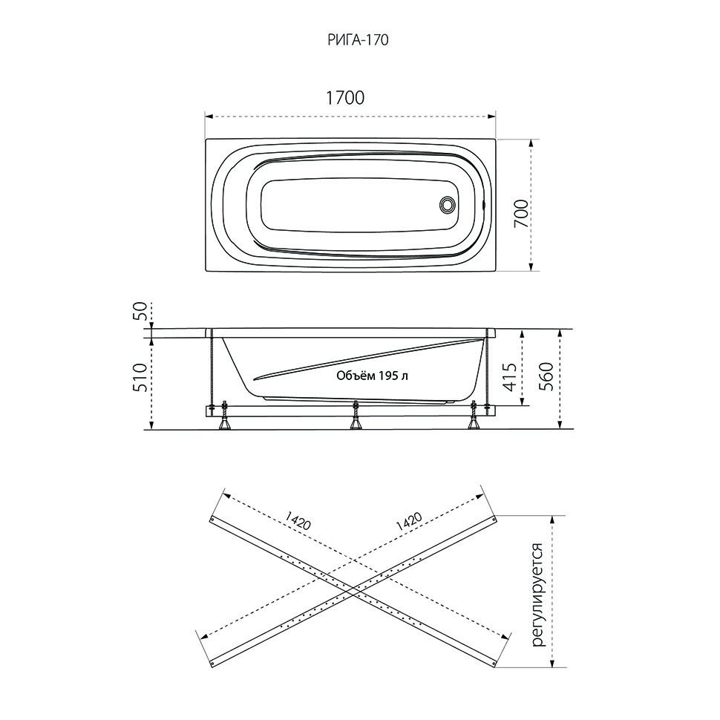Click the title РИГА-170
[x=359, y=40]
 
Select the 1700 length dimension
[x=345, y=98]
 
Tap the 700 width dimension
[x=521, y=214]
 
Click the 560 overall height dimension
[x=546, y=376]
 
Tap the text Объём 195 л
[x=373, y=376]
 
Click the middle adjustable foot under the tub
[x=355, y=416]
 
